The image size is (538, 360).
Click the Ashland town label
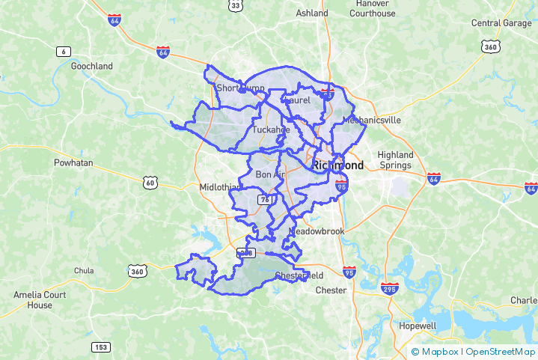click(312, 13)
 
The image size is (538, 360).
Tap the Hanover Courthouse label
click(372, 8)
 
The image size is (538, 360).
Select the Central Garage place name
click(501, 23)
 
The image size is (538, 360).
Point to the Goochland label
click(91, 66)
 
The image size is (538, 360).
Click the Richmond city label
click(338, 165)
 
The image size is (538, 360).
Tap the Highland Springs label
click(396, 159)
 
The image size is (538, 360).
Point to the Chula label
click(84, 270)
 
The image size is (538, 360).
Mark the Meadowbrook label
click(317, 231)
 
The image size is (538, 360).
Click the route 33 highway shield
click(235, 5)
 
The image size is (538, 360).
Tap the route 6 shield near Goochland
click(63, 51)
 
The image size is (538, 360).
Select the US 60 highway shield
click(150, 182)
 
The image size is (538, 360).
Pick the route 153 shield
click(101, 347)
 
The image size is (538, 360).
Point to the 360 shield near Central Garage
click(489, 46)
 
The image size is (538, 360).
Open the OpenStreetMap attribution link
click(501, 351)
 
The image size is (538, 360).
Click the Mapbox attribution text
click(440, 351)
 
